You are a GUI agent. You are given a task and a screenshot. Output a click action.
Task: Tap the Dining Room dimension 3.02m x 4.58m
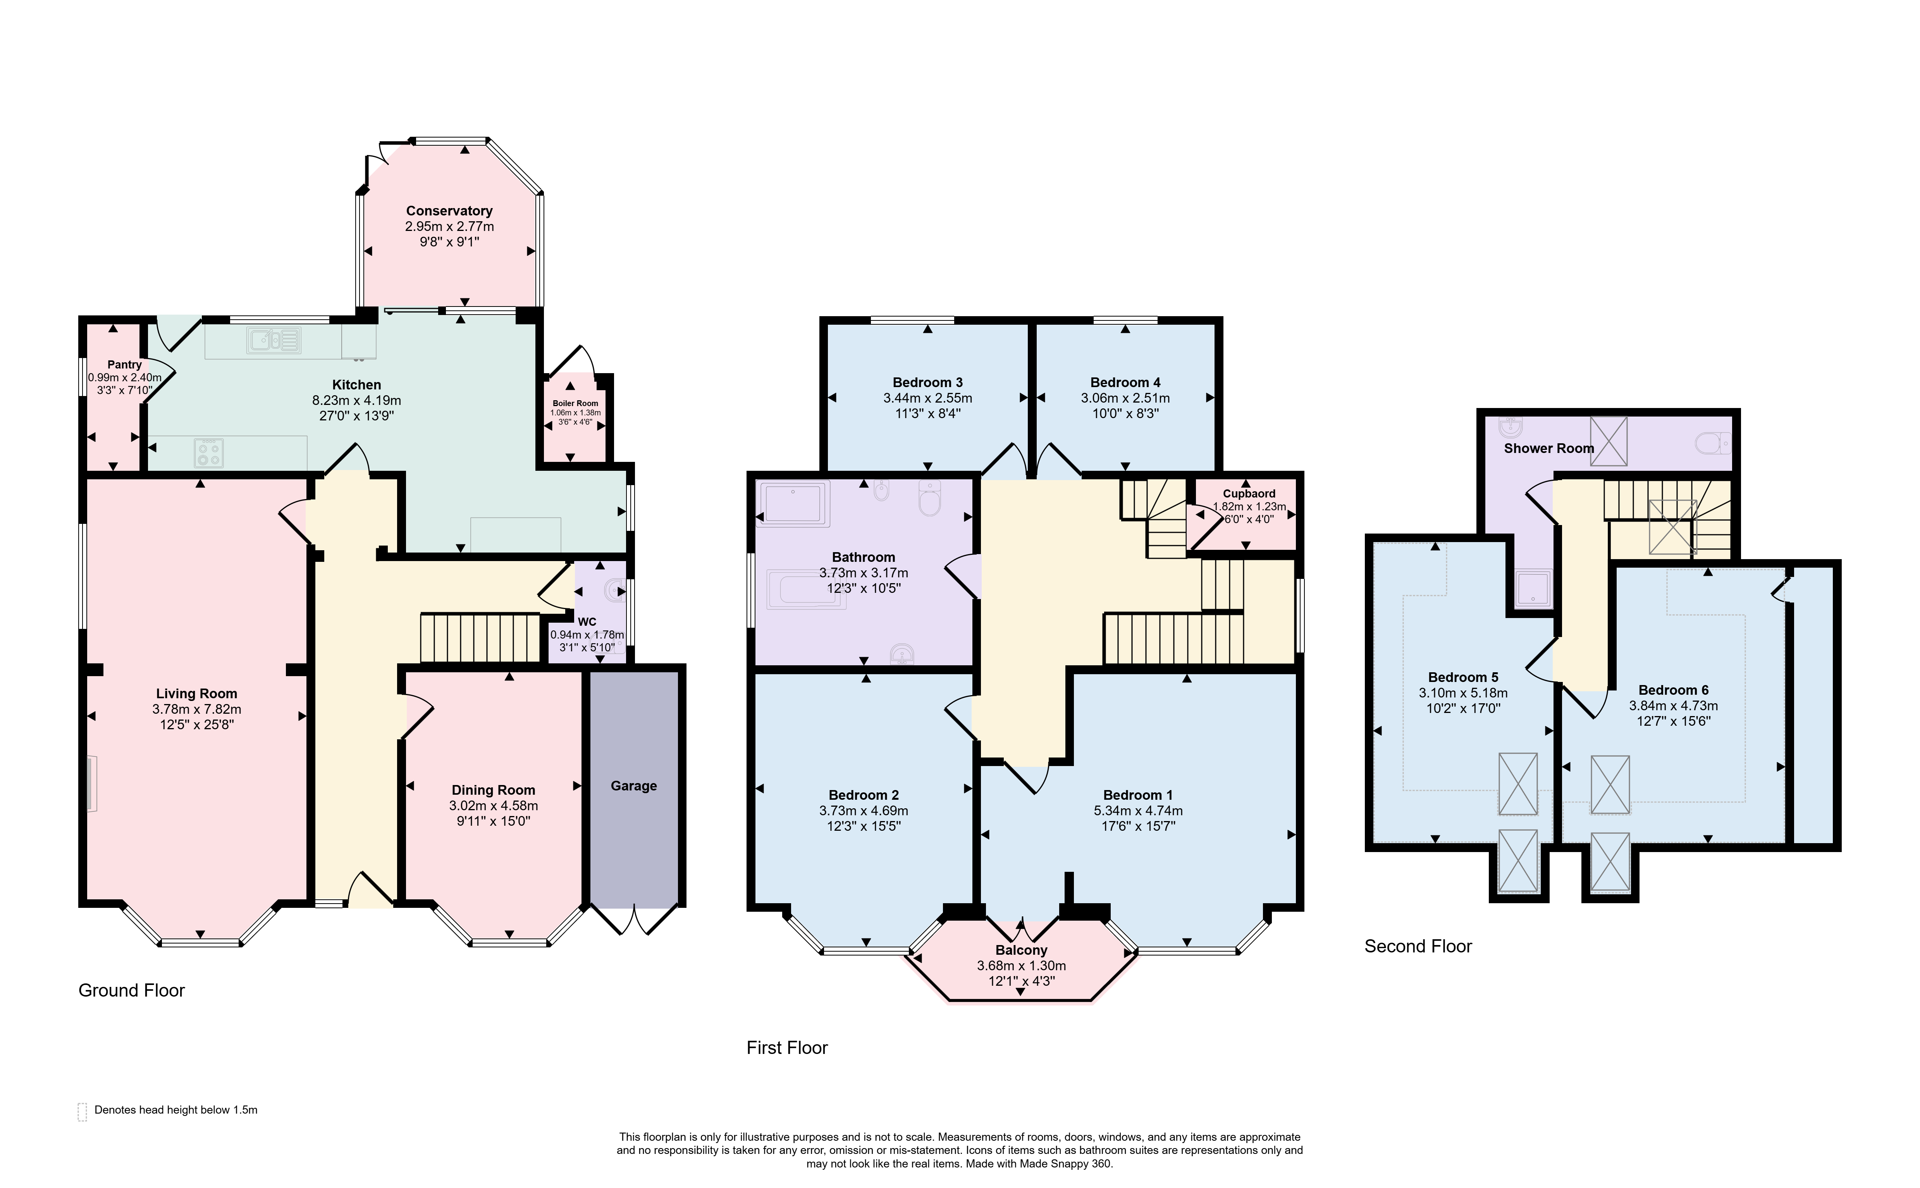tap(493, 805)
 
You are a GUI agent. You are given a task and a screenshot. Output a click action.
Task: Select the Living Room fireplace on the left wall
tap(91, 783)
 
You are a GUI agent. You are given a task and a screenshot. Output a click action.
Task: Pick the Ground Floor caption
tap(131, 990)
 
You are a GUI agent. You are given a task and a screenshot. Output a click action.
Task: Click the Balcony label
tap(1021, 950)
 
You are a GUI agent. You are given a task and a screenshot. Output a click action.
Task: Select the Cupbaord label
tap(1249, 493)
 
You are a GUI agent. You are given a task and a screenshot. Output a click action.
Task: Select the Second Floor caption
tap(1418, 946)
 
